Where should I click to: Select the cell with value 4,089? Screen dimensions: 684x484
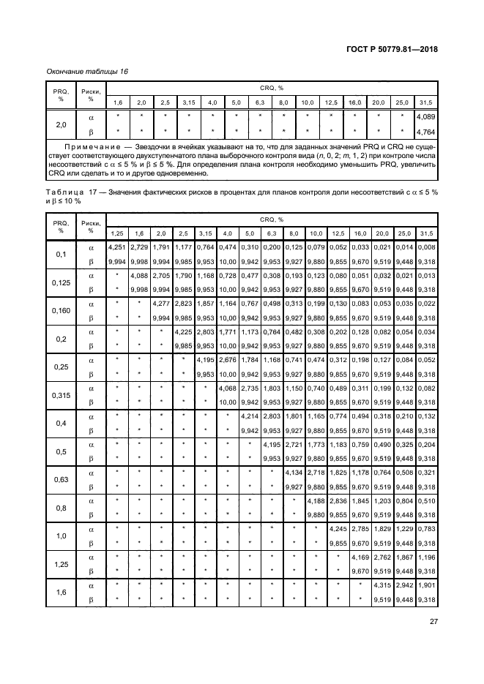pyautogui.click(x=426, y=116)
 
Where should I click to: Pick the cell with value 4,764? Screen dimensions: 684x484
pyautogui.click(x=426, y=132)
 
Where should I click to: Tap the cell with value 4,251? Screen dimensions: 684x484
pyautogui.click(x=118, y=249)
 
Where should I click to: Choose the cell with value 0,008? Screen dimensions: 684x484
pyautogui.click(x=426, y=249)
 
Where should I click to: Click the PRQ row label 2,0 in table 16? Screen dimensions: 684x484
pyautogui.click(x=59, y=124)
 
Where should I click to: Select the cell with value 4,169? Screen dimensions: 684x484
pyautogui.click(x=360, y=558)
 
